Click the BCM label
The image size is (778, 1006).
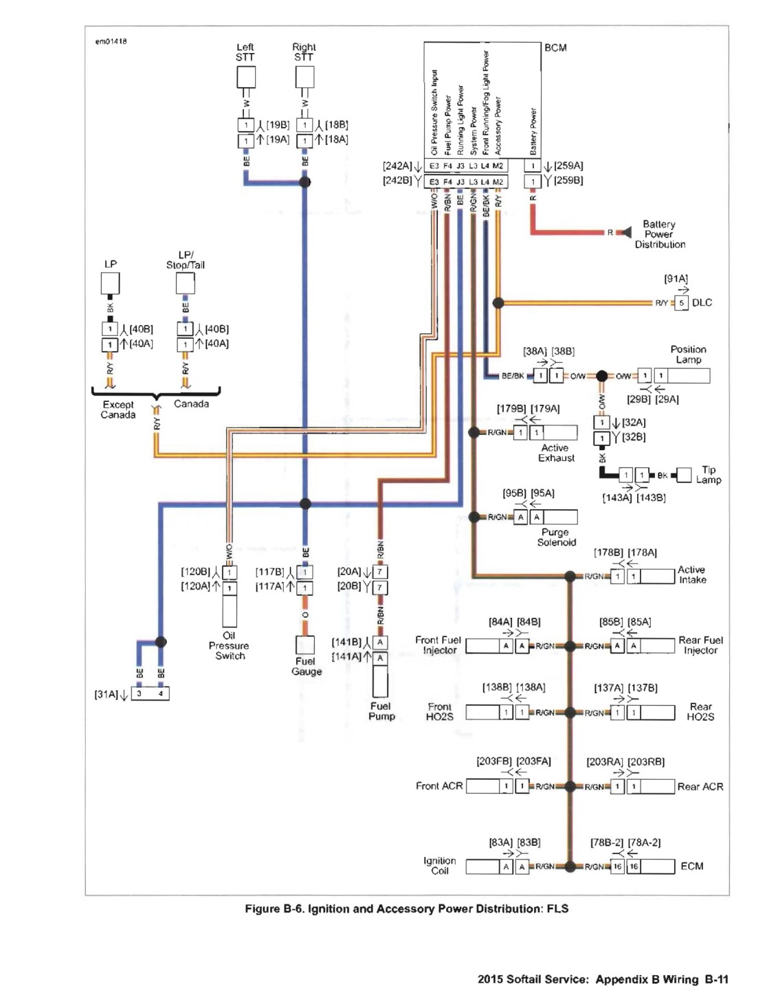click(555, 48)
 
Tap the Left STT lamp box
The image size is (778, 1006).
click(246, 77)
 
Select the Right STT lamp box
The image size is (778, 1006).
click(304, 77)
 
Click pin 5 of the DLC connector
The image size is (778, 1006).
click(681, 303)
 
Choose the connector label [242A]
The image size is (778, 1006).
click(397, 166)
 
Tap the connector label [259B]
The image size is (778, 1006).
click(568, 180)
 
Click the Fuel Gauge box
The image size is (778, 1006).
click(304, 645)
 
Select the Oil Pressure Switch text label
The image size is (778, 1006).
click(229, 645)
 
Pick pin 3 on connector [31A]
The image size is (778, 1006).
click(140, 693)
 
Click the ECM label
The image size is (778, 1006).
click(691, 866)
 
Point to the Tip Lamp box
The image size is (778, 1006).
click(684, 475)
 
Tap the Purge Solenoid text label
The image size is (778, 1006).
click(556, 537)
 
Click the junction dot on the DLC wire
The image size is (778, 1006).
click(498, 303)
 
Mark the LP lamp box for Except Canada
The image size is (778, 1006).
click(110, 282)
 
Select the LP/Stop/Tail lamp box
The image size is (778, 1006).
click(185, 282)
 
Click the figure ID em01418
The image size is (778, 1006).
click(111, 42)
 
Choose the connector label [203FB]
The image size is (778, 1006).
click(494, 761)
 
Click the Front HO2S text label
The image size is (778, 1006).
click(440, 712)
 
